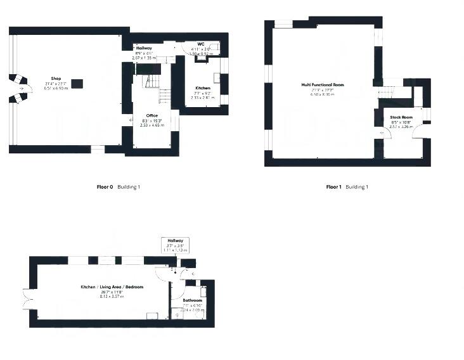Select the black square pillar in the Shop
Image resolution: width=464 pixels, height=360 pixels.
pyautogui.click(x=77, y=82)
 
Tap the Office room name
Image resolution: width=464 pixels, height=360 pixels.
pyautogui.click(x=151, y=115)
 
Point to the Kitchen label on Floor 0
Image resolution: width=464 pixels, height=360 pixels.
pyautogui.click(x=203, y=88)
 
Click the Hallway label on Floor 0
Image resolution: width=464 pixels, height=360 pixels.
pyautogui.click(x=145, y=48)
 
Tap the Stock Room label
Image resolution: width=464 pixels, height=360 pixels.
pyautogui.click(x=401, y=117)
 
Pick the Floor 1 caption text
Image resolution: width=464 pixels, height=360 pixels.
pyautogui.click(x=333, y=187)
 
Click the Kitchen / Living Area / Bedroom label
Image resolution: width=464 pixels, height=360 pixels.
pyautogui.click(x=112, y=287)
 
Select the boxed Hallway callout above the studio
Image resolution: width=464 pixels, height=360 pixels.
pyautogui.click(x=175, y=245)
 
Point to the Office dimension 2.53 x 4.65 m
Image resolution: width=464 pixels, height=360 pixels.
pyautogui.click(x=152, y=125)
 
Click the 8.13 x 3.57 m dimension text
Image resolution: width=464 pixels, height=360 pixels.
pyautogui.click(x=112, y=296)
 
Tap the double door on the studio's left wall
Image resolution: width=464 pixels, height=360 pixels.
pyautogui.click(x=26, y=298)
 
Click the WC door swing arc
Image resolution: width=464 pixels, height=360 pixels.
pyautogui.click(x=188, y=49)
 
